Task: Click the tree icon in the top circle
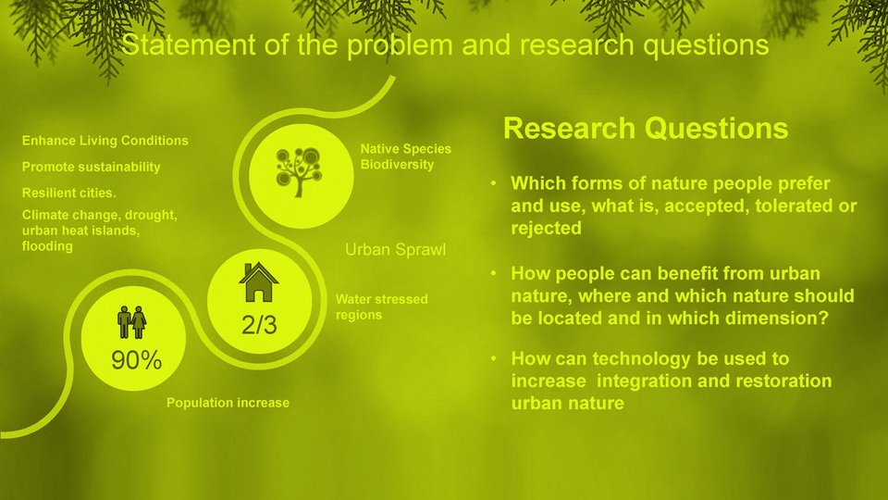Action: click(299, 172)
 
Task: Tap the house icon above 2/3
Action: click(259, 281)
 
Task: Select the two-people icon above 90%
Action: click(132, 322)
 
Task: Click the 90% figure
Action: click(137, 360)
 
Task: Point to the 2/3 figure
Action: click(259, 325)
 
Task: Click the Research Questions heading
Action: click(646, 128)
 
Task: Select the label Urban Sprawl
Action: click(395, 249)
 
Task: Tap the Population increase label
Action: click(228, 403)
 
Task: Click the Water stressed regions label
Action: click(382, 306)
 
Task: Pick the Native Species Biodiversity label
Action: click(405, 156)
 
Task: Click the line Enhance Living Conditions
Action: click(105, 141)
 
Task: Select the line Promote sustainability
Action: click(91, 168)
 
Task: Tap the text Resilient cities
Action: click(68, 193)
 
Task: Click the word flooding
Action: click(47, 246)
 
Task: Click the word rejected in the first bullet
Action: click(546, 228)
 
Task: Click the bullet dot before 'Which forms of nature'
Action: click(493, 183)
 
